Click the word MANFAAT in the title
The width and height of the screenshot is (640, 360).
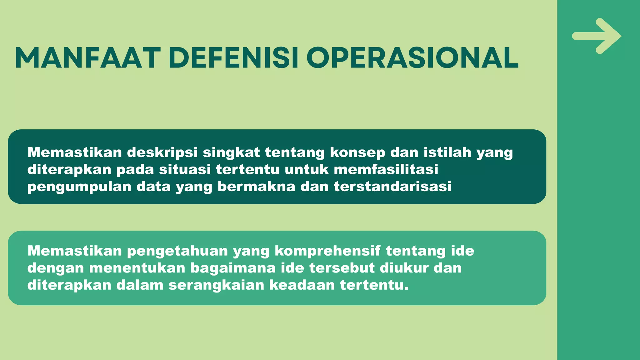(x=87, y=58)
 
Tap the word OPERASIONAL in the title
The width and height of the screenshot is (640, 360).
(x=412, y=58)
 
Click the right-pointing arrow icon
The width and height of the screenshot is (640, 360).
(x=597, y=36)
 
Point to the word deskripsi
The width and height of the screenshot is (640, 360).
(x=162, y=153)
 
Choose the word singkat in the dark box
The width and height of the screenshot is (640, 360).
(x=231, y=153)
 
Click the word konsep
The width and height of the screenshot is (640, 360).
(x=357, y=153)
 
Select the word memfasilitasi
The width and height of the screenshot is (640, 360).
(x=386, y=169)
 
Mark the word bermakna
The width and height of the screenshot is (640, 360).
(x=256, y=187)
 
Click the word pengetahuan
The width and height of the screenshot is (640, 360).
(x=177, y=251)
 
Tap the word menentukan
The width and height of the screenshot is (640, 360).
(x=137, y=268)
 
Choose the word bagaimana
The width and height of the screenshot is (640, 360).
(x=233, y=268)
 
